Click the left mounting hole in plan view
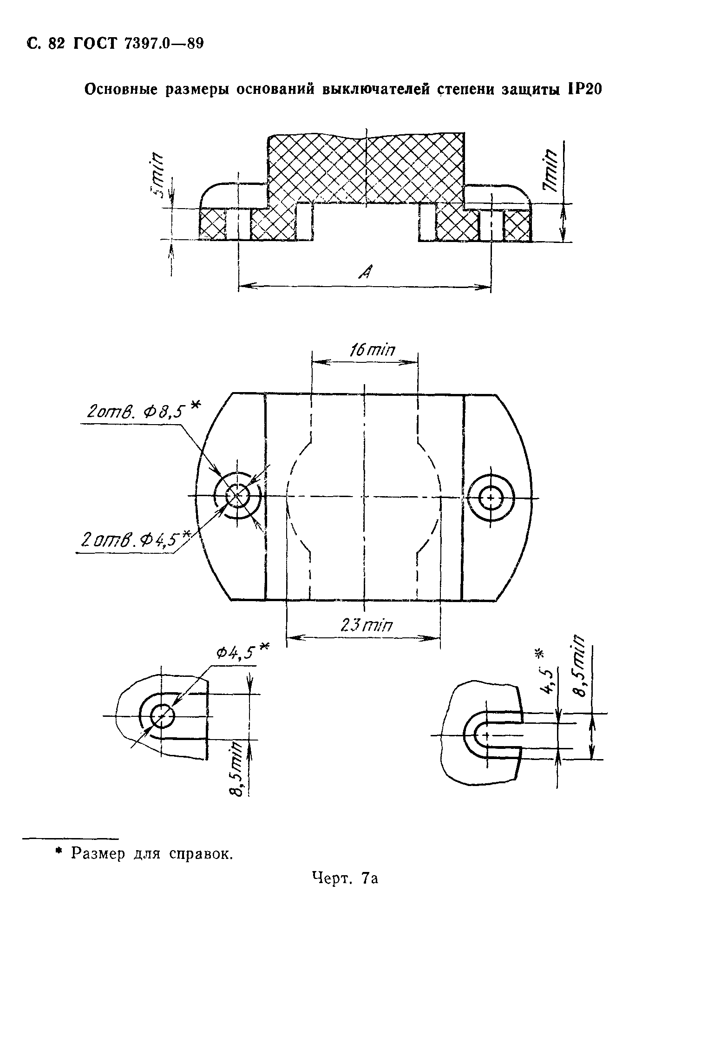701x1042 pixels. click(237, 496)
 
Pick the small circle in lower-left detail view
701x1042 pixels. click(162, 717)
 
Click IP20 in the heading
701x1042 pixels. click(583, 89)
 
